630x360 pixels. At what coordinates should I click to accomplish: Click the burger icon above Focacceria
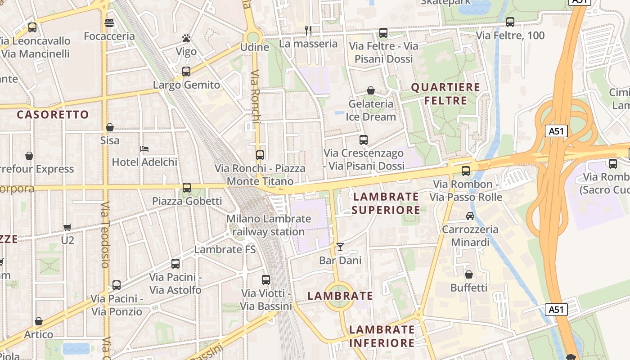[109, 23]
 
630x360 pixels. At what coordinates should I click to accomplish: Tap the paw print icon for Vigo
[186, 38]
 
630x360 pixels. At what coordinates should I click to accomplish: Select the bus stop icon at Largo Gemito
[186, 71]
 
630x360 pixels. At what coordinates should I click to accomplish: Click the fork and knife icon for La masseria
[308, 30]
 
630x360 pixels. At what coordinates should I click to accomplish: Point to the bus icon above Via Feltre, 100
[510, 22]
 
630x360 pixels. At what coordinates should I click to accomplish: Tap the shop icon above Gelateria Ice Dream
[371, 90]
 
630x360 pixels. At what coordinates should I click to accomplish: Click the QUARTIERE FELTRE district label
[445, 94]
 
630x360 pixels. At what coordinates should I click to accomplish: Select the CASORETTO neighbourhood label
[53, 114]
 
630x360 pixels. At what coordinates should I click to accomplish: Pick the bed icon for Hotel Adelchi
[144, 148]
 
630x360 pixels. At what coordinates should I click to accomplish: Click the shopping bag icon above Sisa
[110, 127]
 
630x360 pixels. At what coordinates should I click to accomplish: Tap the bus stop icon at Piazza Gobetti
[187, 187]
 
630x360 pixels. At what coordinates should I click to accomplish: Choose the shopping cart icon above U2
[67, 227]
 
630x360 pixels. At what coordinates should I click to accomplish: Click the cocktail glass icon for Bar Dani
[340, 247]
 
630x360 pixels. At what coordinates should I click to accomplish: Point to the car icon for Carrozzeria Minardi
[470, 216]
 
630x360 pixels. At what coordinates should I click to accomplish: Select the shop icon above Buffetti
[469, 274]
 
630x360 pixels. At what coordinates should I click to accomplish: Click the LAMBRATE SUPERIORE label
[386, 203]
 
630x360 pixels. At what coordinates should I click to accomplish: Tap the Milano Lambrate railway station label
[269, 225]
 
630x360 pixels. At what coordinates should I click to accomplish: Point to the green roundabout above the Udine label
[253, 37]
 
